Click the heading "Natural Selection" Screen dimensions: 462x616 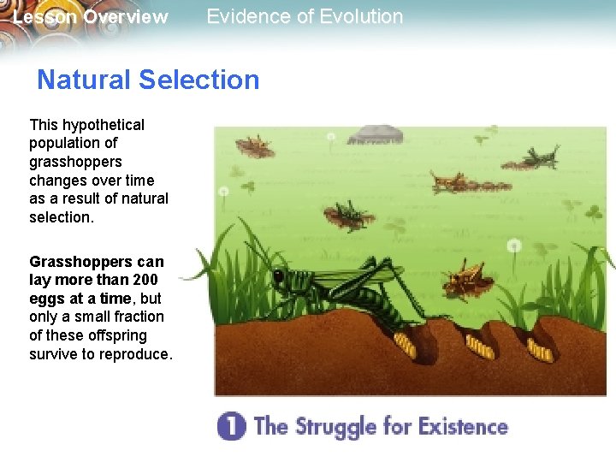click(x=148, y=80)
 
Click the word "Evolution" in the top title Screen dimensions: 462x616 click(x=358, y=16)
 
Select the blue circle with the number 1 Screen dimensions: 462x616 click(x=231, y=425)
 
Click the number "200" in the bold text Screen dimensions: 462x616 click(x=145, y=280)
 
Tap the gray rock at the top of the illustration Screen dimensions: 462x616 click(x=376, y=133)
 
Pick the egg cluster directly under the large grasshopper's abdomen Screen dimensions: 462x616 click(x=404, y=345)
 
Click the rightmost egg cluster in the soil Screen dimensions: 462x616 click(x=540, y=350)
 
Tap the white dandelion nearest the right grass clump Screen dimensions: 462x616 click(x=513, y=246)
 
